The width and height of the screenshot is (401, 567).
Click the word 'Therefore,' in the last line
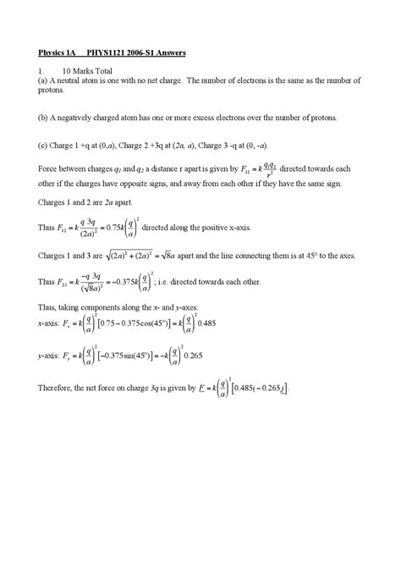[x=58, y=388]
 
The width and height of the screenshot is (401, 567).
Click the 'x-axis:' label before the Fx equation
[x=52, y=325]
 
